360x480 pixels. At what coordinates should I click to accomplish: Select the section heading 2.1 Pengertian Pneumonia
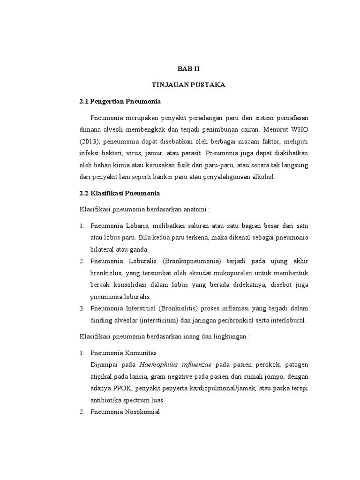pyautogui.click(x=120, y=101)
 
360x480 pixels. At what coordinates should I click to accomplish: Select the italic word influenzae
pyautogui.click(x=196, y=364)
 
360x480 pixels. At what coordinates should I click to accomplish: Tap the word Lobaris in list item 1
pyautogui.click(x=135, y=226)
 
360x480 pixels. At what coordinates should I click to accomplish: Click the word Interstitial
pyautogui.click(x=140, y=308)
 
